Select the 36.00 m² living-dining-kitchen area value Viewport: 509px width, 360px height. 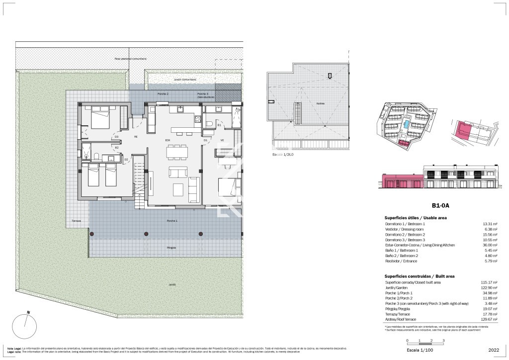click(485, 245)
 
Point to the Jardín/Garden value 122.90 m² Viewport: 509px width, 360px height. click(484, 288)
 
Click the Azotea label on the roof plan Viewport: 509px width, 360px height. click(321, 103)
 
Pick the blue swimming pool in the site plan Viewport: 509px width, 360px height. click(407, 125)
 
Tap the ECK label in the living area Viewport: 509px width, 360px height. click(168, 141)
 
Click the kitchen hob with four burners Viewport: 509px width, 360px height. click(197, 120)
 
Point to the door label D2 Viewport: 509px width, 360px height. click(126, 159)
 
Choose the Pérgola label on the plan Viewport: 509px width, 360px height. click(171, 247)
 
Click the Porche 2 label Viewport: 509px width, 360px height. click(163, 94)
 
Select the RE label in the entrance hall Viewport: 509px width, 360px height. click(135, 136)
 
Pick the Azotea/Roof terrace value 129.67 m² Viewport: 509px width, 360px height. click(484, 320)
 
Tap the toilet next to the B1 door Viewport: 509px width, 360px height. click(210, 124)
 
